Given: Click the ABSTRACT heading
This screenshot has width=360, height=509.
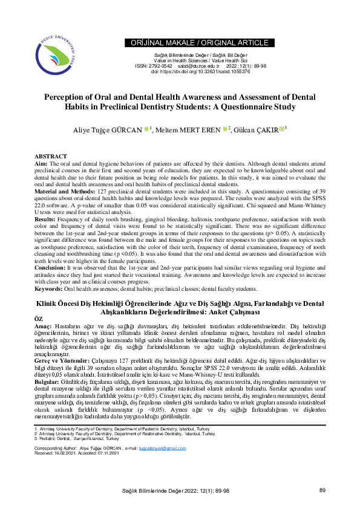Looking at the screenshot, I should click(51, 156).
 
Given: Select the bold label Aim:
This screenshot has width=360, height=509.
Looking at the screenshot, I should click(41, 163).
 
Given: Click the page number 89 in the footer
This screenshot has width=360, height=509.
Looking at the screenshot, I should click(322, 490).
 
